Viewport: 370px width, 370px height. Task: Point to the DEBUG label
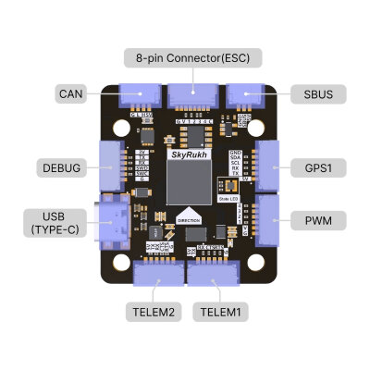60,168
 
